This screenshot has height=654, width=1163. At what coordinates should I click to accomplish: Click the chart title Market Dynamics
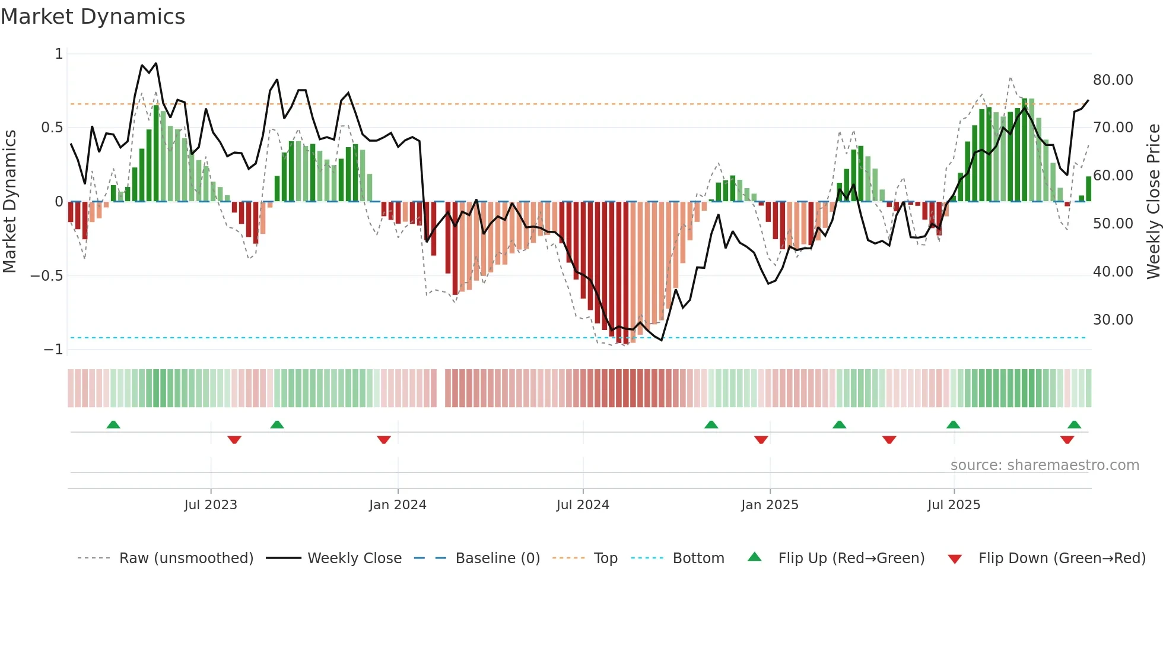(93, 17)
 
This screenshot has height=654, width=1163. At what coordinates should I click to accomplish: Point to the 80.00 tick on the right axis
(1113, 80)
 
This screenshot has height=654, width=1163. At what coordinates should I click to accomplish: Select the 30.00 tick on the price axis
(1113, 319)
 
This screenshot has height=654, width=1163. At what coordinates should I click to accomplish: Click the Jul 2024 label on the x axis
(583, 505)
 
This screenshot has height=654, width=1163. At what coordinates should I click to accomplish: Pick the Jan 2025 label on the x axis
(770, 505)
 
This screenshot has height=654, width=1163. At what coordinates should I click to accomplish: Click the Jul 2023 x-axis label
(211, 505)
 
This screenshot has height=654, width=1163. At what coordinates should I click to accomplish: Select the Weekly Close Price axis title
(1153, 201)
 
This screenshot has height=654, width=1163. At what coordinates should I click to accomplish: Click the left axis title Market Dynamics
(9, 201)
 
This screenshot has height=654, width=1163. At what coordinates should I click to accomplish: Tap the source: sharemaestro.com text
(1044, 465)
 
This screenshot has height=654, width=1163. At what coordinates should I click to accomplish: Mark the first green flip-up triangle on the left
(113, 424)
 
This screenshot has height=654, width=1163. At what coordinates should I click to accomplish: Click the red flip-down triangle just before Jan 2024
(384, 440)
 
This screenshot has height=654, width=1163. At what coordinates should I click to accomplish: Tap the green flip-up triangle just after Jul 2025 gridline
(953, 424)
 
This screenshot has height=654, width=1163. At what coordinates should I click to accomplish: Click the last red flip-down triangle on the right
(1067, 440)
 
